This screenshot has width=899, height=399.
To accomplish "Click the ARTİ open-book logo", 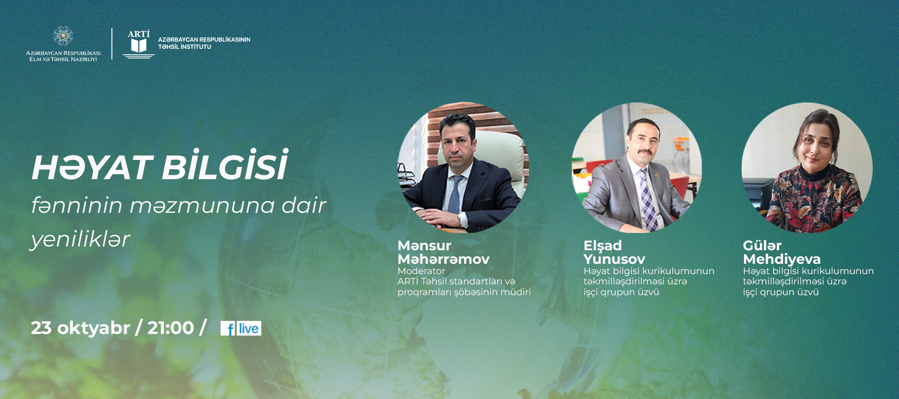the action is [x=139, y=44].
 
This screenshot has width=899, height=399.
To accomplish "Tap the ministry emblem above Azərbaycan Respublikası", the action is [x=63, y=36].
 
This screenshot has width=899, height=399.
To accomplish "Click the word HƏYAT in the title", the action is [x=92, y=167].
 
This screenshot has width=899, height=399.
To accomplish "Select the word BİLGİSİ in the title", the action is [x=225, y=165].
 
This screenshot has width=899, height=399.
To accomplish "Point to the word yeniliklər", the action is [x=80, y=239].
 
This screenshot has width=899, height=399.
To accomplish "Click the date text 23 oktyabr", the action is [x=80, y=328].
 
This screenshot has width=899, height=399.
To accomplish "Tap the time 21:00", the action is [x=170, y=328].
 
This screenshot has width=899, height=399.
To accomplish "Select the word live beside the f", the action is [x=249, y=328].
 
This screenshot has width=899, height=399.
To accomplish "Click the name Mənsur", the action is [x=424, y=246].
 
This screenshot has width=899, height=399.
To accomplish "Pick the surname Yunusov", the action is [x=614, y=259].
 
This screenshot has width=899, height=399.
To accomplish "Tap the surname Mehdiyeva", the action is [x=781, y=259].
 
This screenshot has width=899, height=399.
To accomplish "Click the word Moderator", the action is [x=421, y=271].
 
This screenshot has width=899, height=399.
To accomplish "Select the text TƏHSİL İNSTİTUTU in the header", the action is [x=184, y=47].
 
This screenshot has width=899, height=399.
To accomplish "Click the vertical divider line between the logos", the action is [x=112, y=44].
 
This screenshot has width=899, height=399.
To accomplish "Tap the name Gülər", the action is [x=762, y=246].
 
